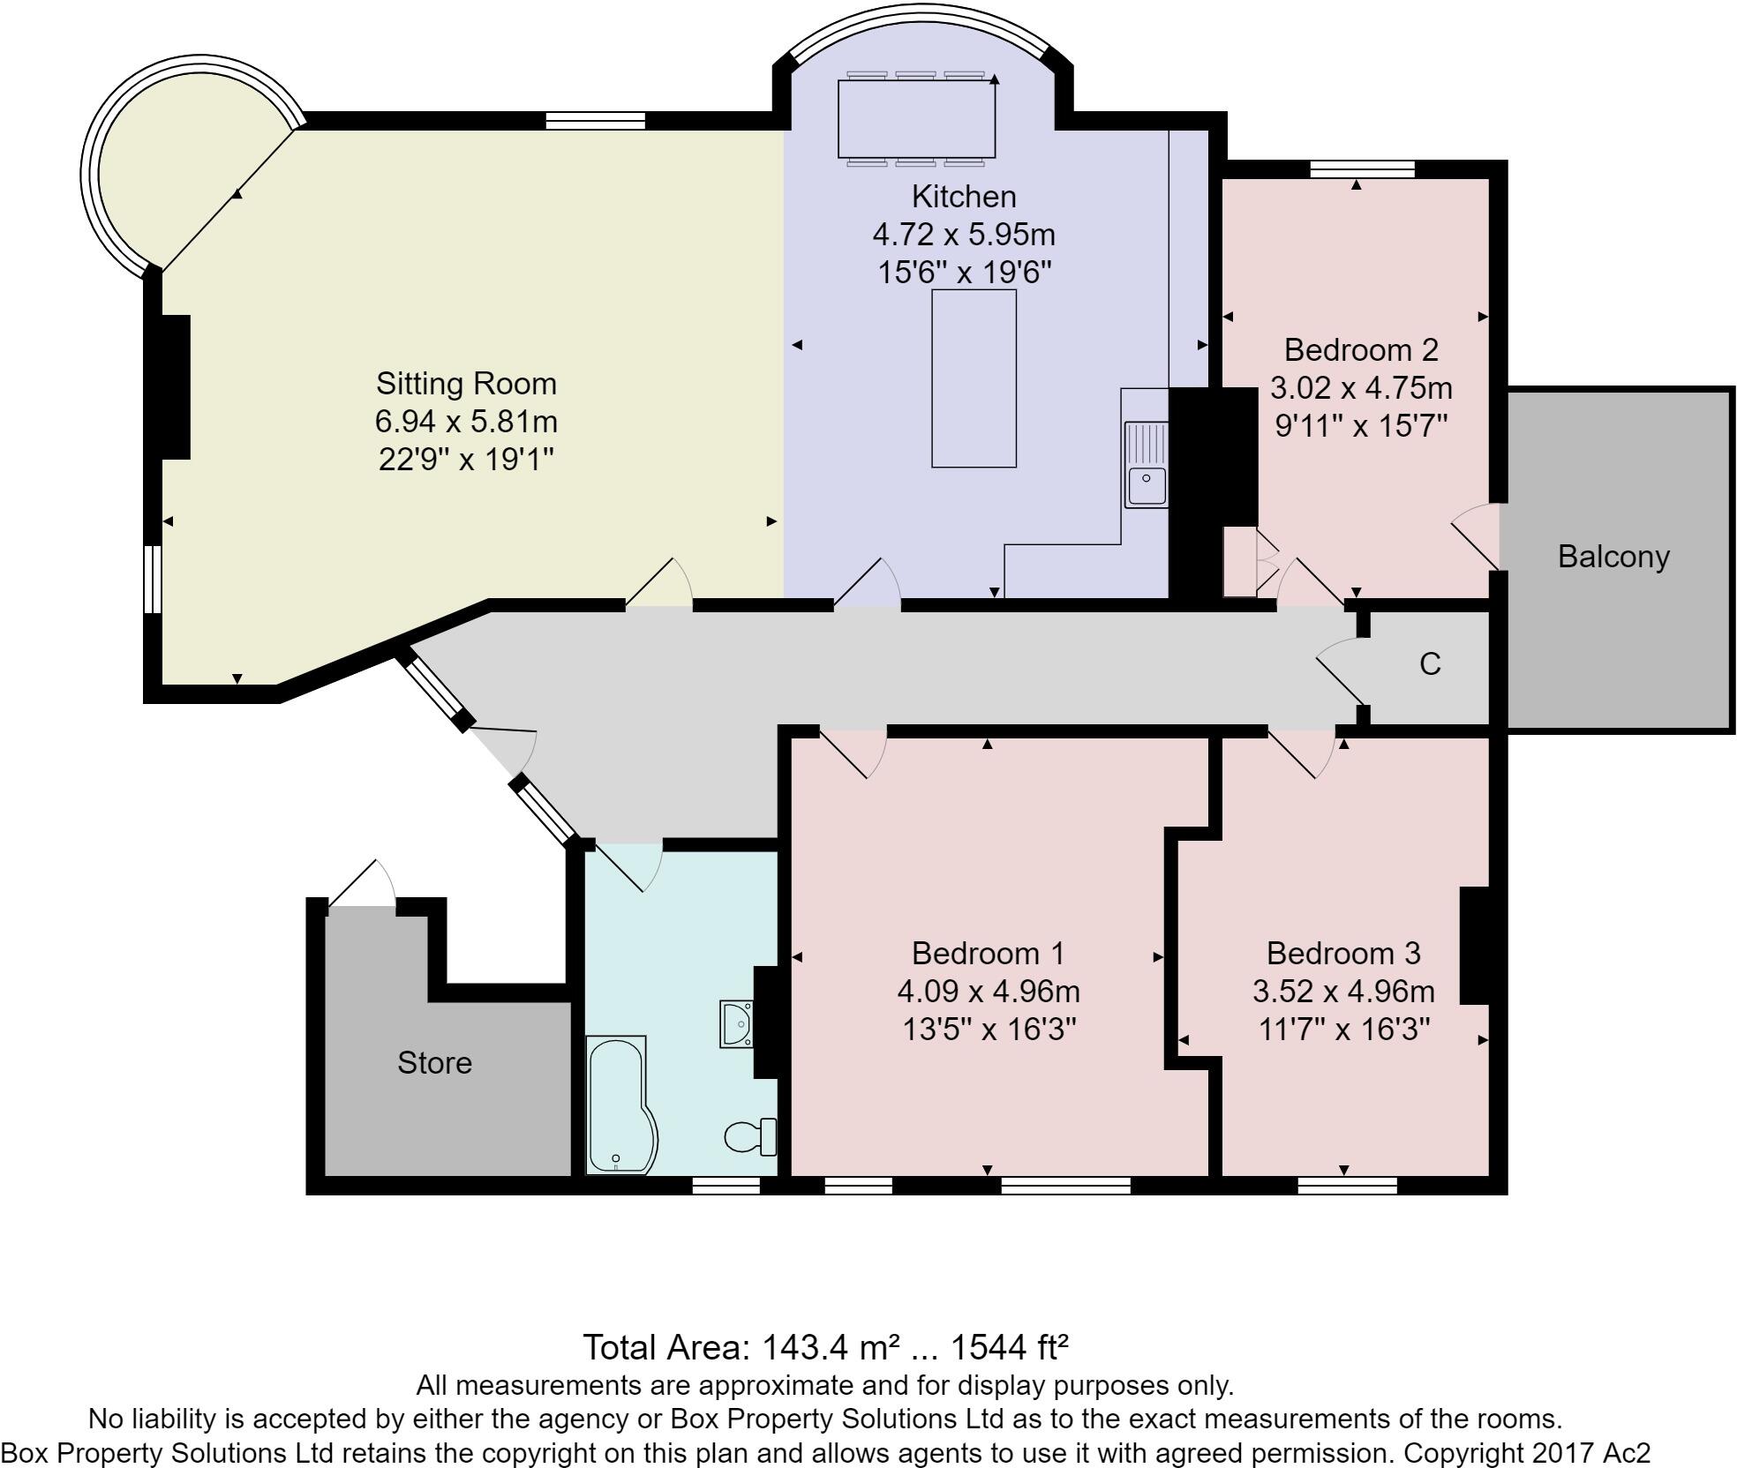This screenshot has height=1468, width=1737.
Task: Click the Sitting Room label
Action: point(466,384)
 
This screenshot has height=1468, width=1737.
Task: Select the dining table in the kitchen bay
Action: point(916,119)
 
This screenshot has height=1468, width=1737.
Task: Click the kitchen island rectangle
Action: point(974,378)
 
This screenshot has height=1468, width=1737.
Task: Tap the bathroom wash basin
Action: point(735,1023)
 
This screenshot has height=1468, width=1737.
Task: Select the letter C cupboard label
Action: point(1430,663)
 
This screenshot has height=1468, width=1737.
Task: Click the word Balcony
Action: point(1613,557)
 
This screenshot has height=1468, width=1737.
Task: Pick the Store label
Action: point(434,1062)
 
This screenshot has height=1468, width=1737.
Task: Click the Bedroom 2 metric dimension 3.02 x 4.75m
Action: point(1360,388)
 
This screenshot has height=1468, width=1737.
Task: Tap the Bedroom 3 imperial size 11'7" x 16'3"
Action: point(1343,1030)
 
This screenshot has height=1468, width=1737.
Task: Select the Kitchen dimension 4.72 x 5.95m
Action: point(963,235)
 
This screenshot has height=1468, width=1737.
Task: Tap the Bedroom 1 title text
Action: point(988,953)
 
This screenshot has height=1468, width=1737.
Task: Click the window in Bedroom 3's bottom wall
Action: point(1347,1185)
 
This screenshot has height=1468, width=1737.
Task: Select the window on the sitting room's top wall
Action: point(595,121)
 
